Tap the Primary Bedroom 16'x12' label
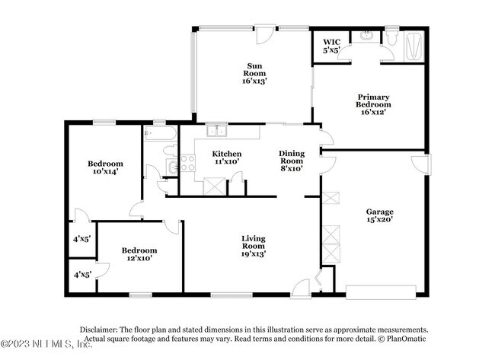pos(373,104)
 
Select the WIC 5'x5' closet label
pos(331,46)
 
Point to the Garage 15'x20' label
pos(379,215)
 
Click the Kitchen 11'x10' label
pos(227,158)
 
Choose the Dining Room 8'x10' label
pos(292,161)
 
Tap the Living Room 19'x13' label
pos(254,246)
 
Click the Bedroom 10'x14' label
pos(105,167)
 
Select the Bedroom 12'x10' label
pos(139,254)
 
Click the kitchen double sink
pos(217,131)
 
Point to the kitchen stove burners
pos(187,163)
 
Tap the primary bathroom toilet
pos(391,37)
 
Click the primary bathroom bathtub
pos(414,46)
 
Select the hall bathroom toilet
pos(170,150)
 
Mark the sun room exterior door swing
pos(264,35)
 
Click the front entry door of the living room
pos(301,288)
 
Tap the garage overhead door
pos(381,292)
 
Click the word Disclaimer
pos(98,330)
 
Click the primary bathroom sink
pos(366,36)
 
